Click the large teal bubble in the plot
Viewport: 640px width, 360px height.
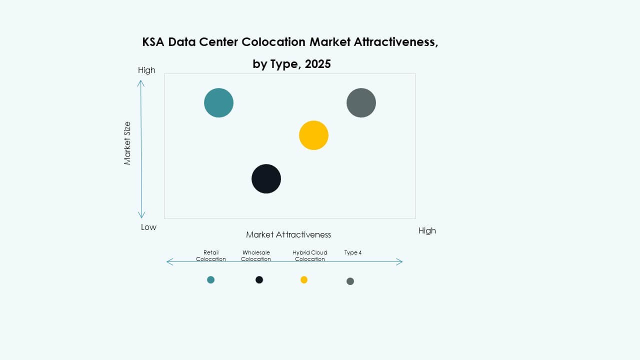218,102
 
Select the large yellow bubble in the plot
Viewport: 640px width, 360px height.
313,135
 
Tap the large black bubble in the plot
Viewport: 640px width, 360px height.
266,178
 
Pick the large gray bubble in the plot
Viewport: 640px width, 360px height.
361,102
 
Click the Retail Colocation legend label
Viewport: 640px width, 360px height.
211,256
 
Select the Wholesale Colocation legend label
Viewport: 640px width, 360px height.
256,256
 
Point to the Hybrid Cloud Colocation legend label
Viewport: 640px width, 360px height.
310,256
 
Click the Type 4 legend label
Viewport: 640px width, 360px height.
353,252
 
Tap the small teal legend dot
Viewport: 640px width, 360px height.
210,279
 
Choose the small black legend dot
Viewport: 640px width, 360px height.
259,279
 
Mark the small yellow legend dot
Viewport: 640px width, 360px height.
304,279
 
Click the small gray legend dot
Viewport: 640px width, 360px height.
350,281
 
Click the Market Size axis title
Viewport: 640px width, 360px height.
127,143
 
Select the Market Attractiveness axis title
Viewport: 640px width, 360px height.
288,234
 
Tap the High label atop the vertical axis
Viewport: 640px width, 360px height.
146,70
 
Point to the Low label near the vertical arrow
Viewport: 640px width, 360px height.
148,227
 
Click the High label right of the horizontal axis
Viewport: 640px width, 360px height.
427,230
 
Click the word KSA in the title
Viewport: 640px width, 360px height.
153,42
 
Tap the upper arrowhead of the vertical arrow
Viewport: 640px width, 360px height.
141,82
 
